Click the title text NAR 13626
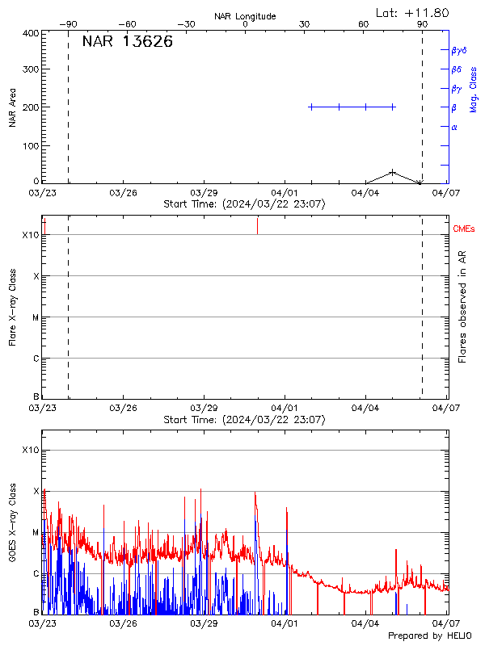coord(127,42)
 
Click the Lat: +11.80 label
coord(413,13)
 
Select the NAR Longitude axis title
coord(245,15)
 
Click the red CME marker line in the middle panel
coord(257,225)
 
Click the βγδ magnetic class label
coord(459,50)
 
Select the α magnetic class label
coord(454,127)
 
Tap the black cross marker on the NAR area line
coord(393,172)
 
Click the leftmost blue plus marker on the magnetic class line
coord(311,107)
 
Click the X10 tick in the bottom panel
coord(30,450)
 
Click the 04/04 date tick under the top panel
coord(365,194)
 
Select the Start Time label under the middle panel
coord(244,420)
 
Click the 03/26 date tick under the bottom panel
coord(123,623)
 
